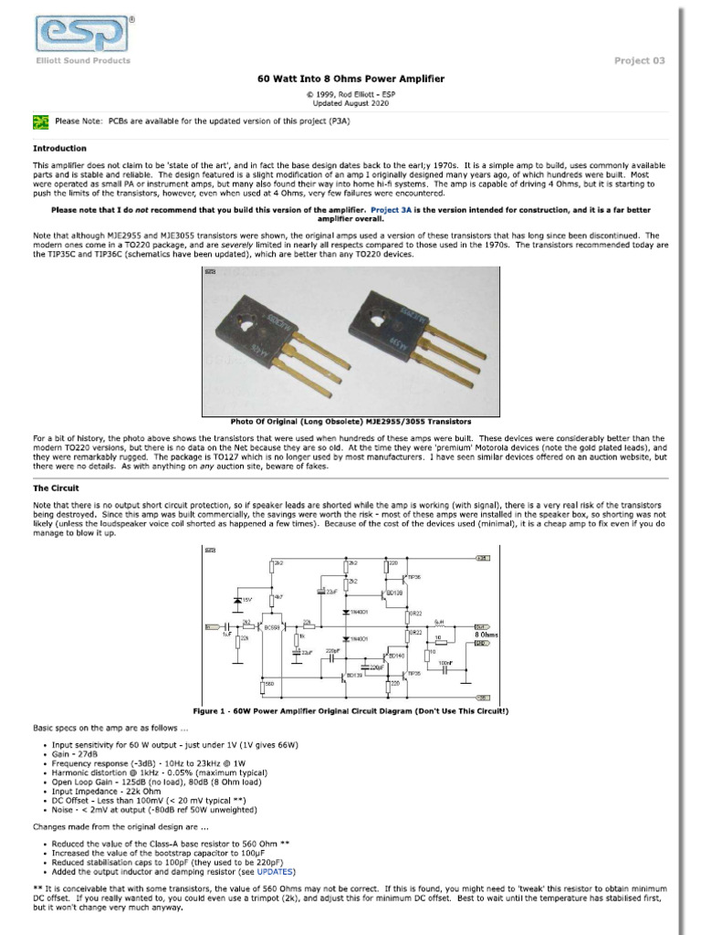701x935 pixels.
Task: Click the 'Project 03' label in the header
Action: (x=639, y=61)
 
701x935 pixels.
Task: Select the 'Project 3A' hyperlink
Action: (x=395, y=209)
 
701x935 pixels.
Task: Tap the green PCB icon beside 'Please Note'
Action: (x=40, y=121)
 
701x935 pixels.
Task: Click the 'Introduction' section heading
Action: (x=60, y=148)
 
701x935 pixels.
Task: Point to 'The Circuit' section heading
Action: (x=56, y=489)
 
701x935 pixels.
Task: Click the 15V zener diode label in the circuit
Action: (x=246, y=600)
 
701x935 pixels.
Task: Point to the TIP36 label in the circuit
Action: (x=414, y=577)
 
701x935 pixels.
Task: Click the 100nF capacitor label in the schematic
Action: (x=445, y=662)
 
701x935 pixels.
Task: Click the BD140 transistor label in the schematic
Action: (x=396, y=656)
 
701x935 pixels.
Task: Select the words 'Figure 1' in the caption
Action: (x=212, y=710)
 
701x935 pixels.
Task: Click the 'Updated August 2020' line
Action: (x=350, y=103)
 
